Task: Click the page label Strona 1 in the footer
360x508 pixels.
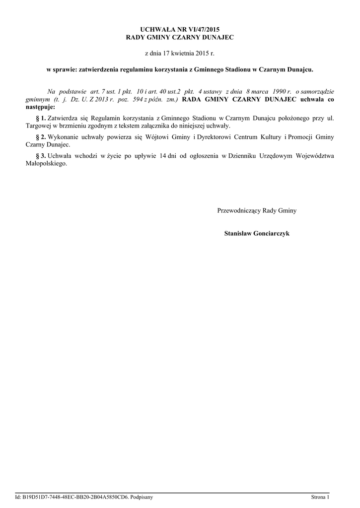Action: pos(320,497)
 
